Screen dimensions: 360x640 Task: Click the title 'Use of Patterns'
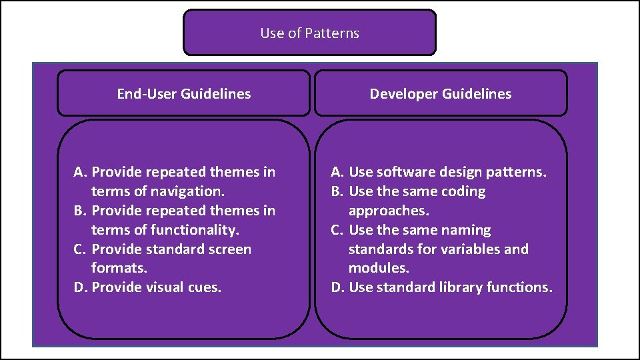click(x=309, y=33)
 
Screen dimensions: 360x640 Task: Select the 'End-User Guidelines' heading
click(x=183, y=94)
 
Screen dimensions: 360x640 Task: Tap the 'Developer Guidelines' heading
click(x=441, y=94)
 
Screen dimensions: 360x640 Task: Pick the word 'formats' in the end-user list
click(x=117, y=268)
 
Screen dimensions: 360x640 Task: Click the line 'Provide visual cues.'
click(x=156, y=287)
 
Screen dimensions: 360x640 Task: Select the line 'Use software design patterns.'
click(x=447, y=172)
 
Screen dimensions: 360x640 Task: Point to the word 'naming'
click(x=467, y=230)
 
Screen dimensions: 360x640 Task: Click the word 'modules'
click(x=377, y=268)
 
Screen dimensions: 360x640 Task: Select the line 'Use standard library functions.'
click(x=451, y=287)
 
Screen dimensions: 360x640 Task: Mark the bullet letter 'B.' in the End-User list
click(x=80, y=211)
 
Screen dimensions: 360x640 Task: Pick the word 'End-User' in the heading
click(x=145, y=94)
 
